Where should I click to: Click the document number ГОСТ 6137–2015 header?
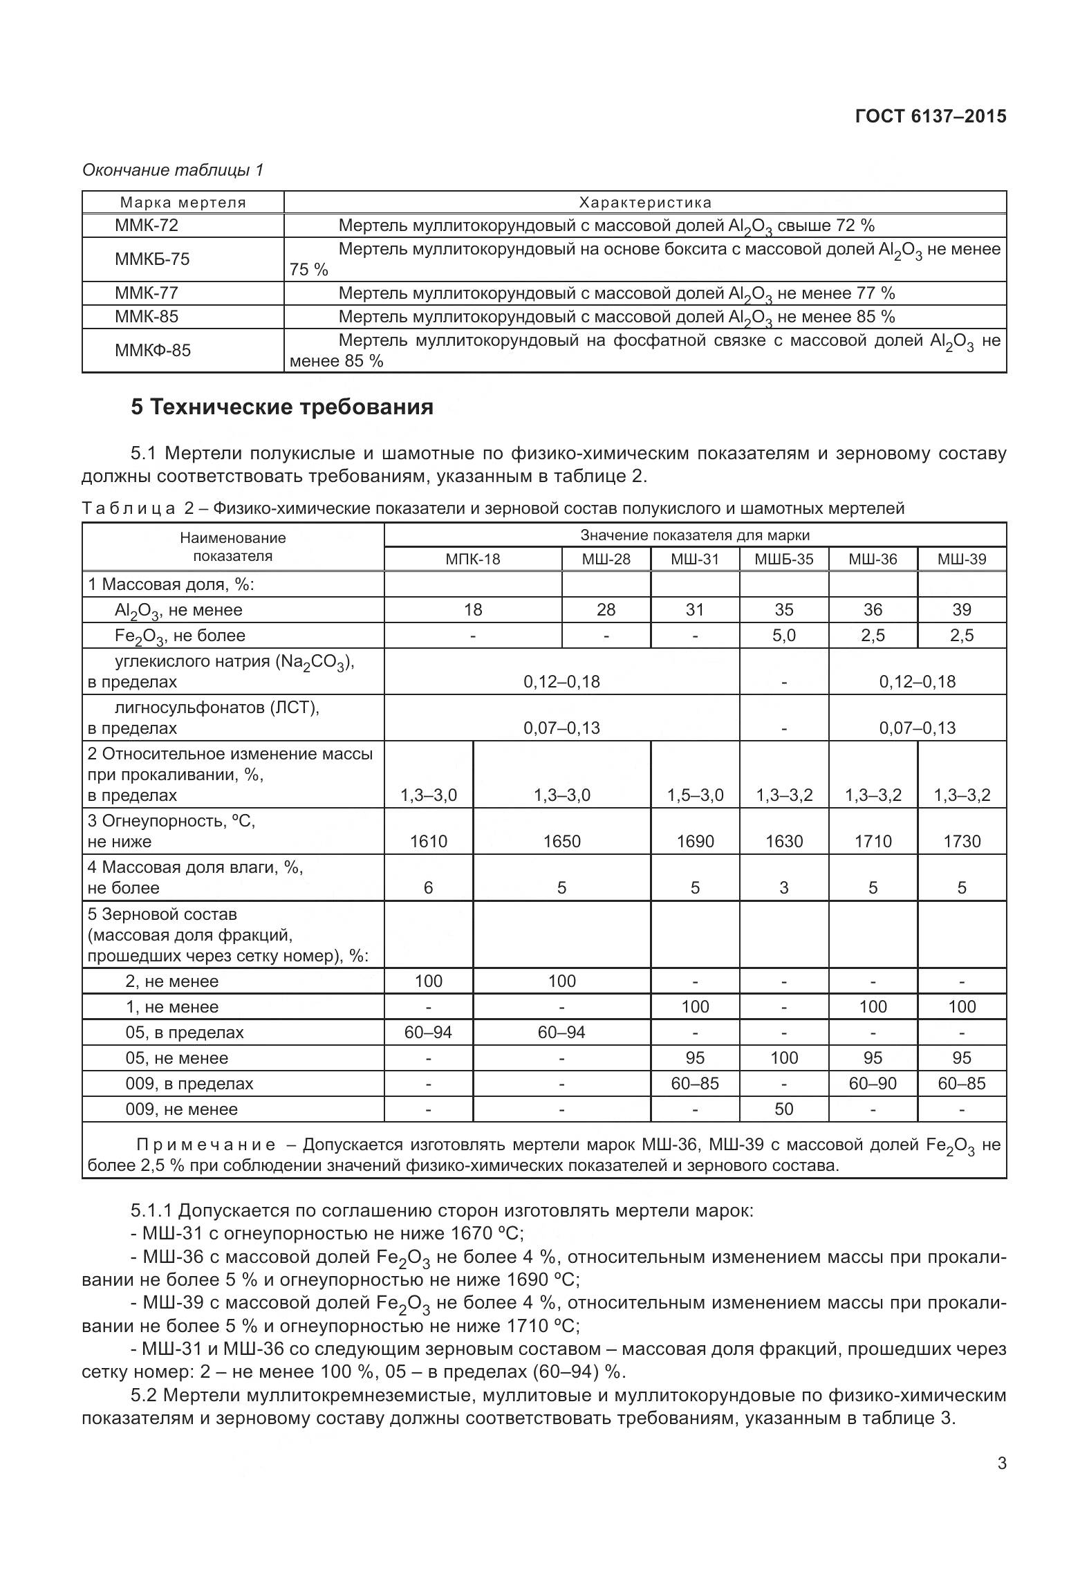coord(930,116)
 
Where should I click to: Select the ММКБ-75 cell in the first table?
coord(151,259)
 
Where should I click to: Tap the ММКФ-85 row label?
coord(152,351)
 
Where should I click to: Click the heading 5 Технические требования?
coord(282,407)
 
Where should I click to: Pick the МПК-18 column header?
coord(472,559)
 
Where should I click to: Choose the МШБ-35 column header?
coord(783,559)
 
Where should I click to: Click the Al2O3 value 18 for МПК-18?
coord(472,609)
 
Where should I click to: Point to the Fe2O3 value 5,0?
coord(783,635)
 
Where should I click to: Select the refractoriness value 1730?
coord(962,841)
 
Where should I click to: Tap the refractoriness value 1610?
coord(428,841)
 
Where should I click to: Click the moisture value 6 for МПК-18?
coord(428,887)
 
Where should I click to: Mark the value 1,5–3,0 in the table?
coord(695,795)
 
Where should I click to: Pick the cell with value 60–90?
coord(873,1083)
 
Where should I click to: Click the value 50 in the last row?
coord(783,1109)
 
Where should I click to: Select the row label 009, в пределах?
coord(189,1084)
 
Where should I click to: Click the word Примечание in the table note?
coord(205,1145)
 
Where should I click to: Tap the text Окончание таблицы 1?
coord(173,169)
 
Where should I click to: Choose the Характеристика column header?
coord(644,203)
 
